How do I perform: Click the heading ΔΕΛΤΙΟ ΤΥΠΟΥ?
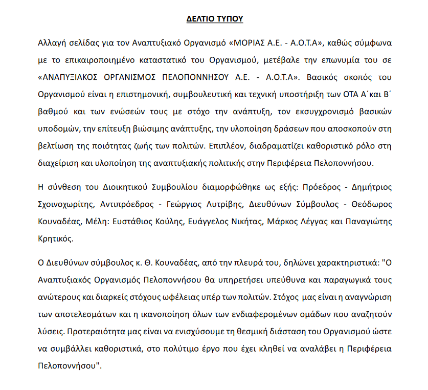click(214, 19)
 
